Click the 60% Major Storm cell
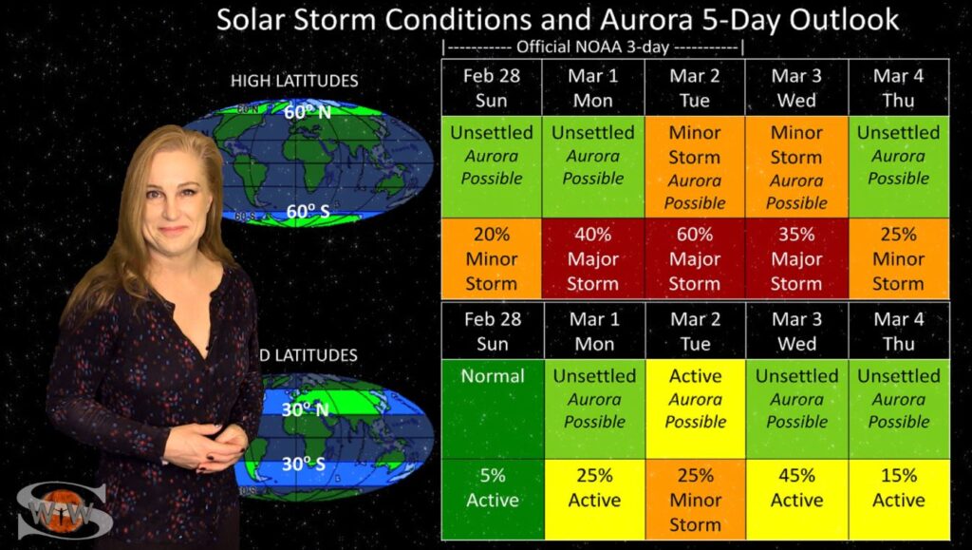tap(694, 258)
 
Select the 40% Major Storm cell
tap(593, 258)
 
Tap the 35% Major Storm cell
tap(796, 258)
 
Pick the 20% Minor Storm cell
tap(492, 258)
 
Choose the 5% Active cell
tap(493, 499)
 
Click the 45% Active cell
tap(797, 499)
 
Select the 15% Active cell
tap(899, 499)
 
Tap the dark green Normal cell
tap(493, 409)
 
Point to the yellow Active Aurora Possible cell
tap(696, 409)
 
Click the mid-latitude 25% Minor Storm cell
tap(696, 499)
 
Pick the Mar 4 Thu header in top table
tap(898, 87)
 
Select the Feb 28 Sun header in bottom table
tap(493, 332)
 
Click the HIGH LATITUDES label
tap(294, 81)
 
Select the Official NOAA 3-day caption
tap(592, 47)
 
